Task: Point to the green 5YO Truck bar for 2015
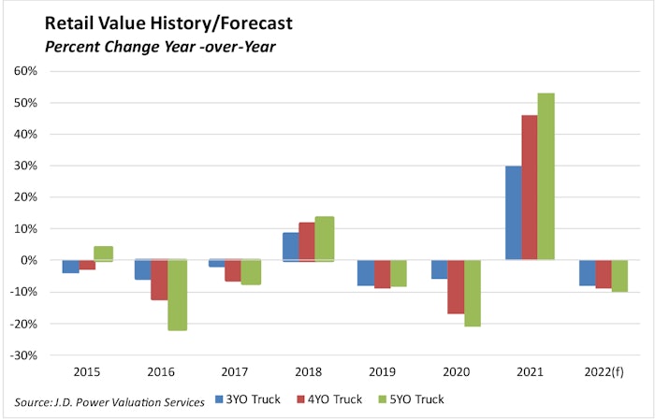104,253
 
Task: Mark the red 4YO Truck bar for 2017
234,270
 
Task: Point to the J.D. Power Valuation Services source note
111,401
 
